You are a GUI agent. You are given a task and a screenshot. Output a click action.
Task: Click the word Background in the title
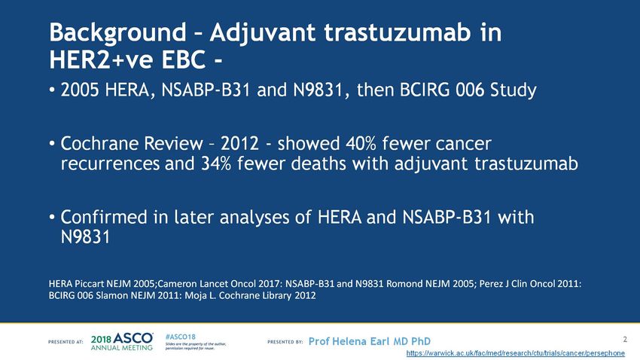click(117, 33)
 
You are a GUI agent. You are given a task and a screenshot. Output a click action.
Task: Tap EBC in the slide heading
click(184, 60)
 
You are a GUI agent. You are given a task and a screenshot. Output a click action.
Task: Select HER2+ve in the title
click(102, 60)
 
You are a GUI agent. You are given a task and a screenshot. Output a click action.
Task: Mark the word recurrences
click(110, 164)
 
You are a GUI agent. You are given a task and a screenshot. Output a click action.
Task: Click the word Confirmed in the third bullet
click(104, 217)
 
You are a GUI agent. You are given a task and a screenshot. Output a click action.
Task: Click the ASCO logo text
click(133, 338)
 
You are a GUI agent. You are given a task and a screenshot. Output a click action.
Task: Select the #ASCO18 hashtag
click(181, 337)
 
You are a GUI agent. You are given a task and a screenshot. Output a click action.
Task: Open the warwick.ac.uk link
click(516, 353)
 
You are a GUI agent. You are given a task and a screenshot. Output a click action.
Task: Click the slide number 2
click(625, 339)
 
